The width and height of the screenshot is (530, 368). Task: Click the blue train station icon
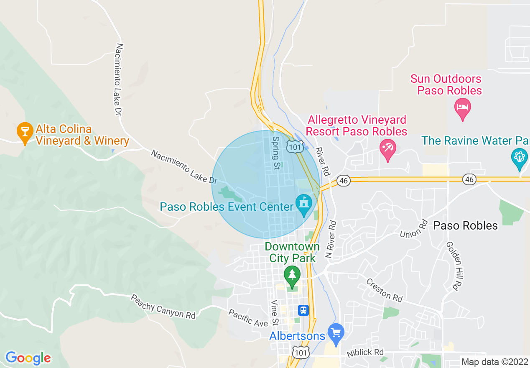coord(303,310)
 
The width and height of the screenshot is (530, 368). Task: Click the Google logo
coord(28,358)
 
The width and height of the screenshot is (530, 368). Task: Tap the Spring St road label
coord(276,153)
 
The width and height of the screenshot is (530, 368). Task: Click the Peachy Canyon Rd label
coord(163,307)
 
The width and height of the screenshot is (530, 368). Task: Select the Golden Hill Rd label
coord(454,266)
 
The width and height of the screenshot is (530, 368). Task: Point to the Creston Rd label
coord(385,290)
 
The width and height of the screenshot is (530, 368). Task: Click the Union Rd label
coord(414,228)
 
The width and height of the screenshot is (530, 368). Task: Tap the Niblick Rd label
coord(365,353)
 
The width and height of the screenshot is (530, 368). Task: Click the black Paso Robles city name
coord(465,226)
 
